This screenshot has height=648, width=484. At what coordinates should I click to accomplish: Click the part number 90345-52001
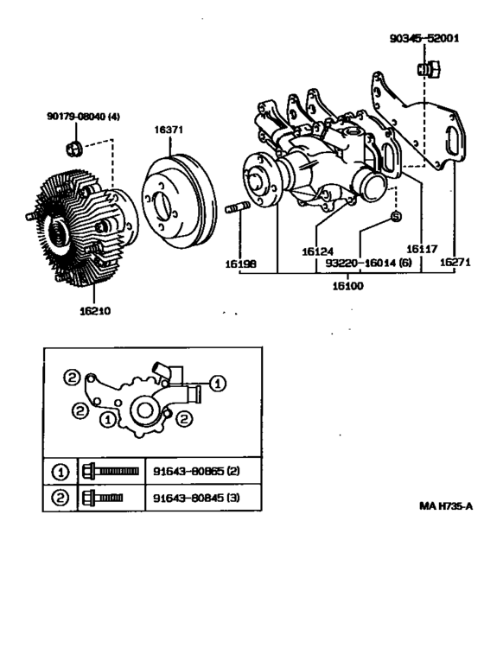click(x=423, y=38)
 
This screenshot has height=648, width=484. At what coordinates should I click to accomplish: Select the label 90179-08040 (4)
click(x=83, y=117)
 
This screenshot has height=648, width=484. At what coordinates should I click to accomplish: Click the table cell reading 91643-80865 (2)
click(x=196, y=473)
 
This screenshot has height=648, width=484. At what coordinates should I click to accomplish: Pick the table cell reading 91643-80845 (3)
click(x=196, y=498)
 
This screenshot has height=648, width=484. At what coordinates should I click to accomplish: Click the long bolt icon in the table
click(x=110, y=472)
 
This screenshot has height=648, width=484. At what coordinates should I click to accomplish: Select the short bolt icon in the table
click(x=102, y=498)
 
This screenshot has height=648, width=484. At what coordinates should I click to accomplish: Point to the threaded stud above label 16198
click(x=239, y=208)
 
